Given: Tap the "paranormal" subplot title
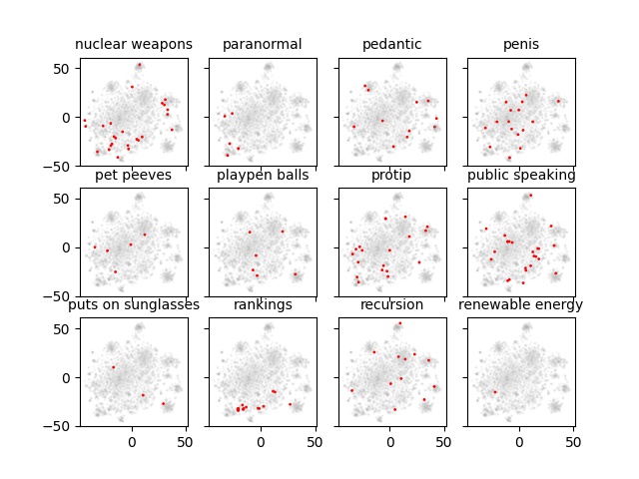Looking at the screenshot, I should [x=262, y=45].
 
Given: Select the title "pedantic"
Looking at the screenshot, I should [x=391, y=45].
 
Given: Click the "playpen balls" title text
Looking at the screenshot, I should [x=262, y=176].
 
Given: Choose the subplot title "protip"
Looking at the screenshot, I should [x=391, y=176].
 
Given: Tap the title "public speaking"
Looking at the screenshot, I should [x=521, y=176].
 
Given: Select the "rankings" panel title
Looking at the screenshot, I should [x=262, y=305].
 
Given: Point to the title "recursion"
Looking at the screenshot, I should [x=391, y=305].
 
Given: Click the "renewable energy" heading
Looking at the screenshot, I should [x=521, y=305].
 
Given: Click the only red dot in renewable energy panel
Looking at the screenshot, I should [x=494, y=392].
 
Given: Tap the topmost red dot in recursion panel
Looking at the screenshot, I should [x=400, y=323].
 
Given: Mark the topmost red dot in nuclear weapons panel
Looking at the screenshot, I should [x=139, y=66].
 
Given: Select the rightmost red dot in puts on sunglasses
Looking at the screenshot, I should [x=163, y=404].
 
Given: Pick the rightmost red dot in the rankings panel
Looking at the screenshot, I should [x=291, y=404].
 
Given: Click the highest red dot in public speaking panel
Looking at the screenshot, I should [x=530, y=196].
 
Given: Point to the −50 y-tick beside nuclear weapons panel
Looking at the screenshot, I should [x=62, y=166].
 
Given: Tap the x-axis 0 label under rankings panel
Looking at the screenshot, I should [x=261, y=440].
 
